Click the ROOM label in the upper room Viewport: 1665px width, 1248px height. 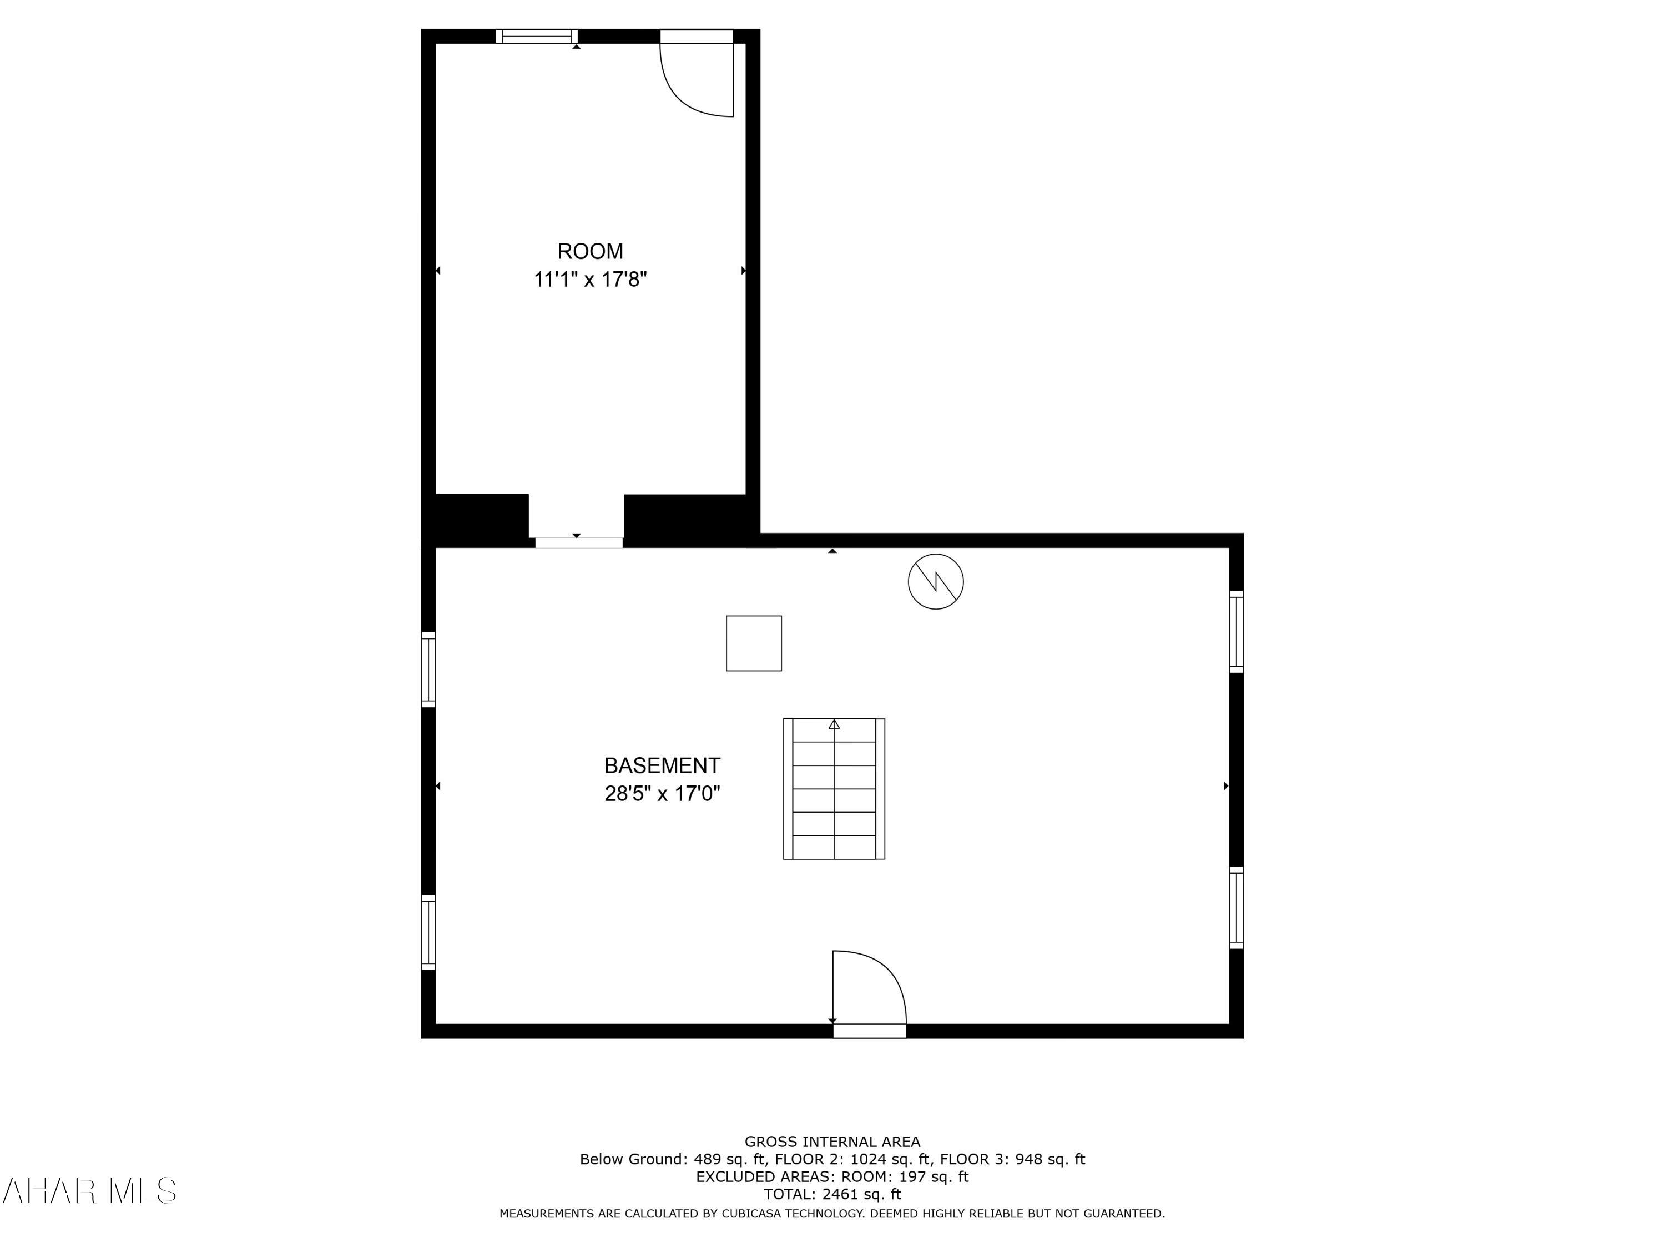tap(590, 251)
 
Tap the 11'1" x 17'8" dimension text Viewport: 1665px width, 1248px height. tap(590, 280)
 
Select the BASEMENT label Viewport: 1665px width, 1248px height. tap(662, 766)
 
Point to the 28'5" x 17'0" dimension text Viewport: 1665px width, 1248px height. tap(662, 794)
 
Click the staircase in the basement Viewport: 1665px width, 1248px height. tap(834, 788)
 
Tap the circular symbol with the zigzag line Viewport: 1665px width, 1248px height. tap(936, 581)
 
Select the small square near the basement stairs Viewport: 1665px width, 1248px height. tap(754, 643)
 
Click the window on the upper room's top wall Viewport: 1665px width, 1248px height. tap(537, 36)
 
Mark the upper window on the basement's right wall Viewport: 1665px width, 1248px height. tap(1236, 631)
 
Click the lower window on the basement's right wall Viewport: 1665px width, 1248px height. tap(1236, 907)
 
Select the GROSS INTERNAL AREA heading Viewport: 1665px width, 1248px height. tap(832, 1142)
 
